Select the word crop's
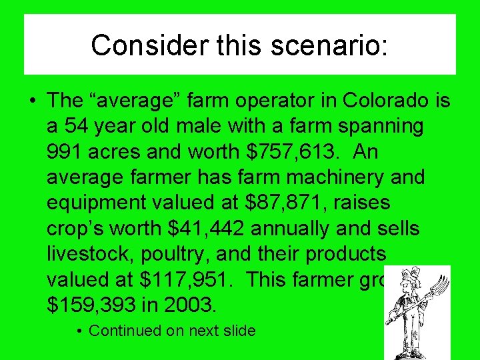(x=77, y=228)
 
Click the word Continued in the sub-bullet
(x=125, y=331)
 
